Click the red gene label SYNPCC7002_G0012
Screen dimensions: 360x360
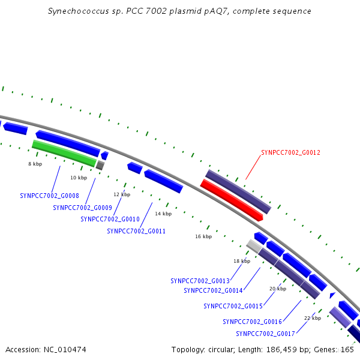[x=291, y=152]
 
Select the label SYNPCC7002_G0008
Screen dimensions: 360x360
[x=50, y=196]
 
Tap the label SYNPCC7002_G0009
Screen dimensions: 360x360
[x=83, y=208]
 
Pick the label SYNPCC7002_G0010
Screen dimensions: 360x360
[x=110, y=219]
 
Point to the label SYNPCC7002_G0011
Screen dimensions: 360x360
[x=136, y=231]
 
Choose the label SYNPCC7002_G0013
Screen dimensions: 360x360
[x=200, y=281]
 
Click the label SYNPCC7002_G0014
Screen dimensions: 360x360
[x=213, y=291]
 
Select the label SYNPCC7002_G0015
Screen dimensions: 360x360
[x=233, y=306]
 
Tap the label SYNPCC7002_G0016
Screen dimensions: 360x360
[x=252, y=322]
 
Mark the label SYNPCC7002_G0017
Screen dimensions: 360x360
[x=265, y=334]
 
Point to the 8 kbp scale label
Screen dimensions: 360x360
[x=35, y=164]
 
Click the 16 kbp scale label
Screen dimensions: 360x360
[x=203, y=236]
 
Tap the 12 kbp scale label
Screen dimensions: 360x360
[x=122, y=194]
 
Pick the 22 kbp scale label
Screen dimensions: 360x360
[x=313, y=318]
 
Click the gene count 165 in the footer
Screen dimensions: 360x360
[x=347, y=349]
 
